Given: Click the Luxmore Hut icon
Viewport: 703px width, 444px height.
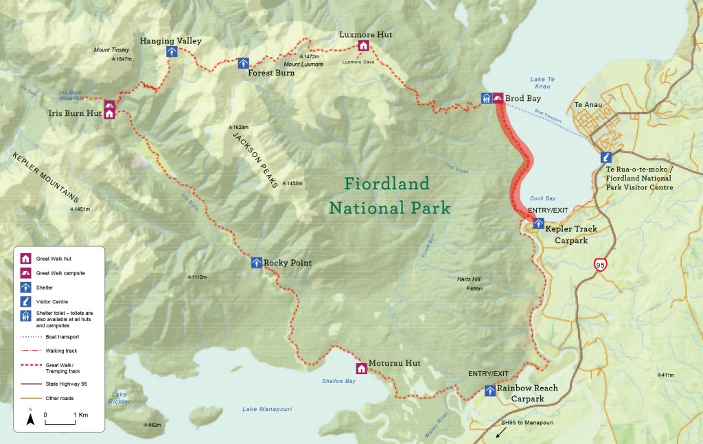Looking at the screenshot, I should pos(364,46).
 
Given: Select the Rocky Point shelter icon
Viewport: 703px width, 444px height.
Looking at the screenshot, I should pos(256,262).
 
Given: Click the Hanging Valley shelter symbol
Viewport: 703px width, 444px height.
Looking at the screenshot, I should pos(170,52).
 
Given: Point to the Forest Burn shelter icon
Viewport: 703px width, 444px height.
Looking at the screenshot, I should pos(243,63).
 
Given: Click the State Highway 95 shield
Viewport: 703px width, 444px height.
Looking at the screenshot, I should pos(601,264).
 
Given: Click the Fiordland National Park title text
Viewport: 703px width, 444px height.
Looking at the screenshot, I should pos(389,196).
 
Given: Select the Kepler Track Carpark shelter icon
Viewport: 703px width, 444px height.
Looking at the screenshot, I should pos(539,223).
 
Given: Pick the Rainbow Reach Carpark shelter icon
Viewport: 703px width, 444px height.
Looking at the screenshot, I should pos(490,390).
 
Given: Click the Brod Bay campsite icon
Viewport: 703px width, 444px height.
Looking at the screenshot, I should pos(498,99).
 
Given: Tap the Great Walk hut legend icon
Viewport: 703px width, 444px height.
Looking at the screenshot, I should pos(25,259).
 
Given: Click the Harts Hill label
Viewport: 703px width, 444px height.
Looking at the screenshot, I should pos(470,279).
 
